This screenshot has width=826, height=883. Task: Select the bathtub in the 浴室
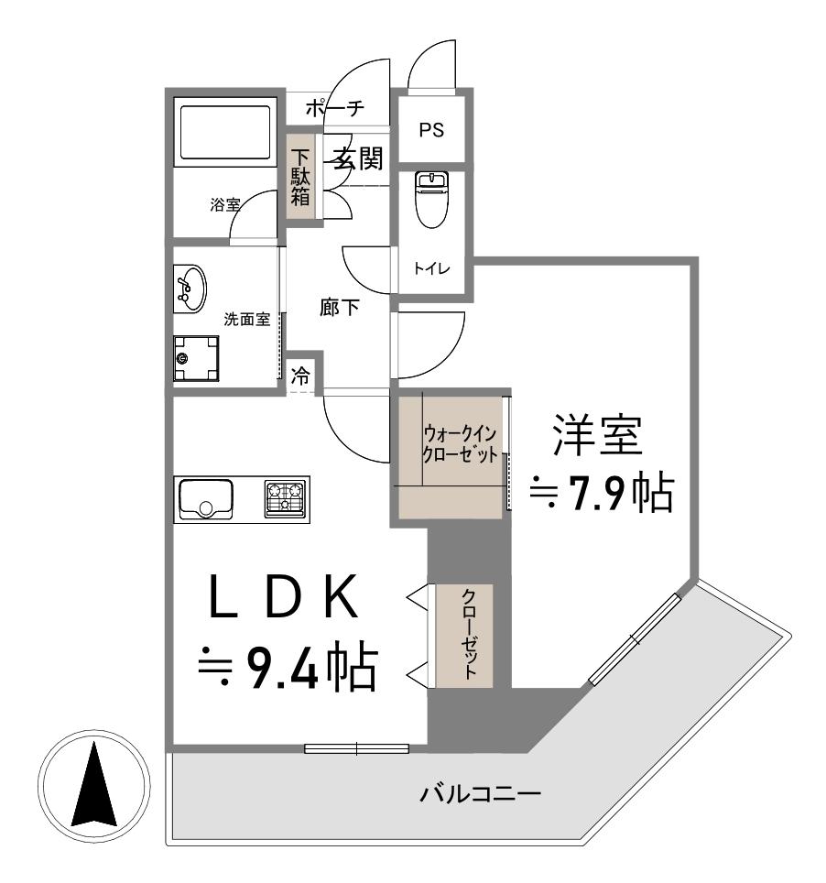[225, 133]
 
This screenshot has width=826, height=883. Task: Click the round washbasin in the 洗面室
[189, 286]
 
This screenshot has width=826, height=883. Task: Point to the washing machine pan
[197, 357]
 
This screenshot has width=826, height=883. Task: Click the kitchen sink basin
[205, 499]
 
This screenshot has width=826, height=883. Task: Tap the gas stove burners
[287, 499]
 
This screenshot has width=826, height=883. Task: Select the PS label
[431, 130]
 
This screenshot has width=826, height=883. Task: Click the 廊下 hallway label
[340, 309]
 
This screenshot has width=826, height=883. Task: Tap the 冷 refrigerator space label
[299, 375]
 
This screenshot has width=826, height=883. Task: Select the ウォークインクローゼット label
[461, 442]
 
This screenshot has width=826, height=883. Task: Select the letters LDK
[281, 602]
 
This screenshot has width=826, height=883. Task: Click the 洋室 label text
[595, 437]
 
